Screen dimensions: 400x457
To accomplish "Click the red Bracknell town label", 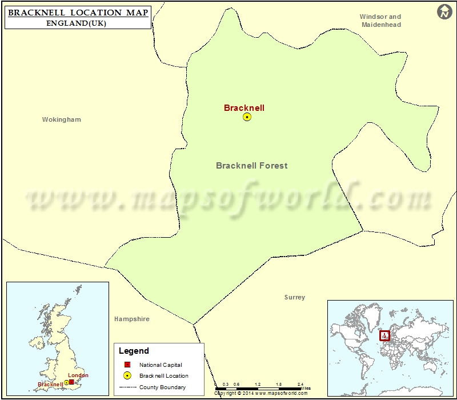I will pos(244,107).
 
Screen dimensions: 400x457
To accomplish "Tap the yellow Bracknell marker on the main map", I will pos(247,117).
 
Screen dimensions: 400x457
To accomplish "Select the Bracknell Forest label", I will pos(251,166).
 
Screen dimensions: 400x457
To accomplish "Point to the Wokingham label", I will pos(62,120).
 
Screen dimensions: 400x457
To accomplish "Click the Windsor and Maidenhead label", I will pos(380,21).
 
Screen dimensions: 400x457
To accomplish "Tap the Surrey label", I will pos(295,298).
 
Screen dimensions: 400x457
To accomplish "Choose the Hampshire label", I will pos(131,319).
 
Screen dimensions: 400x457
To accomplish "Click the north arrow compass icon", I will pos(444,11).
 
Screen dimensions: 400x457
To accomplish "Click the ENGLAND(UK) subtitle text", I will pos(77,23).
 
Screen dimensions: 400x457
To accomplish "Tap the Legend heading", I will pos(134,351).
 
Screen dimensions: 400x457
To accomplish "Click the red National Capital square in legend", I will pos(127,365).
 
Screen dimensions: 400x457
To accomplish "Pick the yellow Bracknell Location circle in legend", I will pos(127,375).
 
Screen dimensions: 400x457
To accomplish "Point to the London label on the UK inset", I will pos(78,375).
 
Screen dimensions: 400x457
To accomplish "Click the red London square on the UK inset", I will pos(71,381).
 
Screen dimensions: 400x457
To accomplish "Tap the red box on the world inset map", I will pos(385,335).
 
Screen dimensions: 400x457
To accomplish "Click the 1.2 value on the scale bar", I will pos(258,384).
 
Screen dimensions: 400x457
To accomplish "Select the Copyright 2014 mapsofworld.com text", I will pos(262,394).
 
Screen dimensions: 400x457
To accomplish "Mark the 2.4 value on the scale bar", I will pos(300,384).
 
